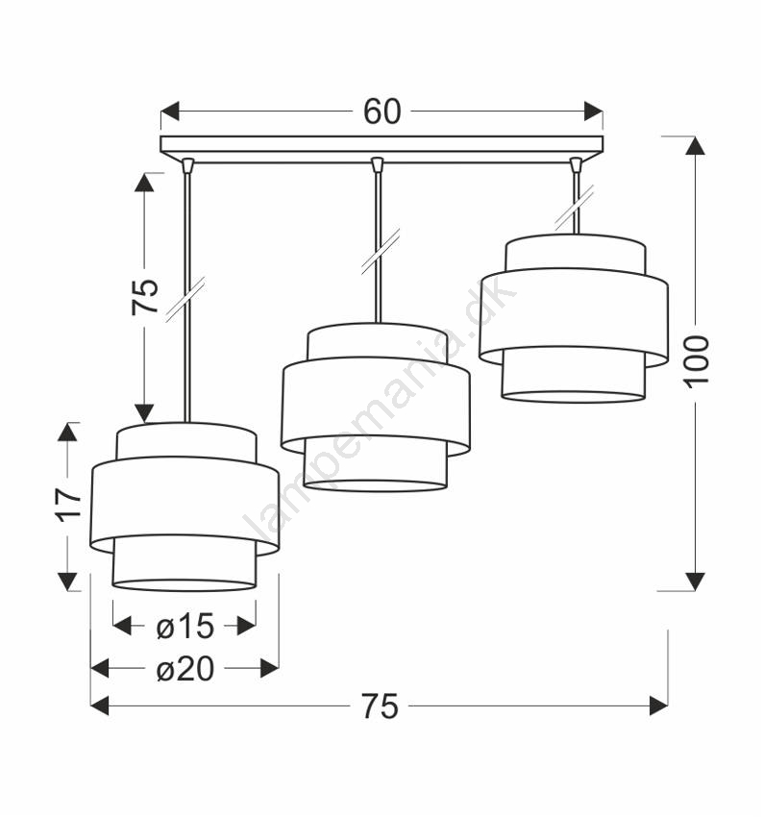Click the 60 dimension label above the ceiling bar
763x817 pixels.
381,111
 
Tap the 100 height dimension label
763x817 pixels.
697,361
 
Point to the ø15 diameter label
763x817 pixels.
185,626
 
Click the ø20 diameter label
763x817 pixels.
185,669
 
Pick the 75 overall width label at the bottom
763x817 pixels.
381,706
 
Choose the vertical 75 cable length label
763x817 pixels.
144,296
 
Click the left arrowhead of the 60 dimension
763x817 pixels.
170,111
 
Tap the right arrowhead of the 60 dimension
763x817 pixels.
594,111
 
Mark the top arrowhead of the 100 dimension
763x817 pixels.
696,145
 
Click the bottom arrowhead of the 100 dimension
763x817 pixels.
696,582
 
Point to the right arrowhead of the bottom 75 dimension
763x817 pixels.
659,706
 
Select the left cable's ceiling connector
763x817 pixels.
188,164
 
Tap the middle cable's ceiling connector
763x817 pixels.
378,164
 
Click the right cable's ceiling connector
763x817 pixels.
576,164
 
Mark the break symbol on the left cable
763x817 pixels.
185,299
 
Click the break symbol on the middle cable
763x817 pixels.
381,251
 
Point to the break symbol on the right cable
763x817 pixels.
575,207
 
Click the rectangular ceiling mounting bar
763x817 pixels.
381,150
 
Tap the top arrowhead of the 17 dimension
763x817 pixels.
66,432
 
